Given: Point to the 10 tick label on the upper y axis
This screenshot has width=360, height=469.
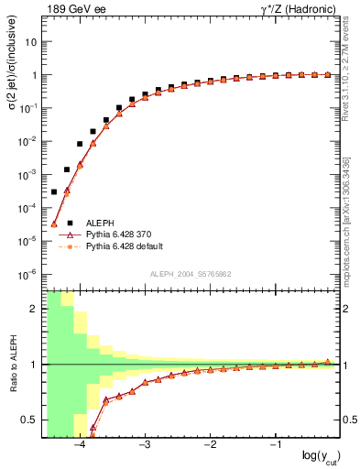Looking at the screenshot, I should click(31, 42).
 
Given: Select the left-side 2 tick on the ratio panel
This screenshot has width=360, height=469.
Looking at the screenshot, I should click(35, 309).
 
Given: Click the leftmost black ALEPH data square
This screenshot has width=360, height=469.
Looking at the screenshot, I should click(54, 191).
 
